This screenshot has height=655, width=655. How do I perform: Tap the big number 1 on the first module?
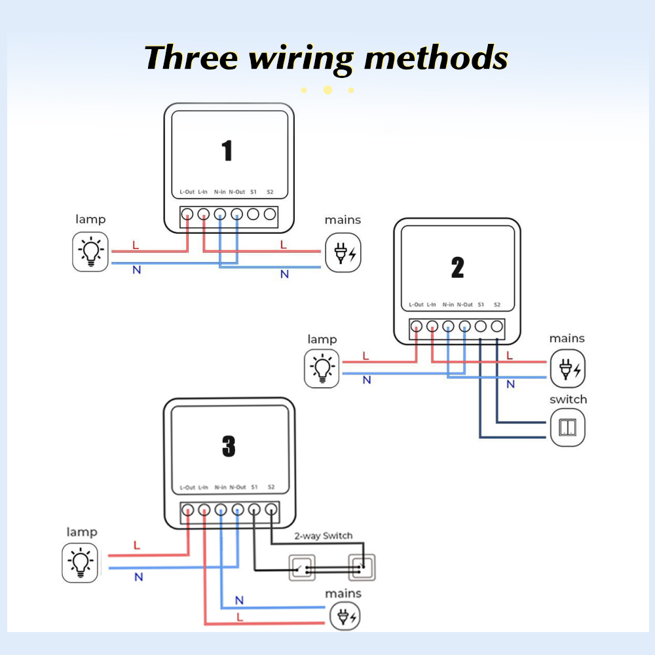pyautogui.click(x=227, y=151)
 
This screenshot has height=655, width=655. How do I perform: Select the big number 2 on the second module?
pyautogui.click(x=457, y=267)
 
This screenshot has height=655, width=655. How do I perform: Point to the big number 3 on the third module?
pyautogui.click(x=228, y=447)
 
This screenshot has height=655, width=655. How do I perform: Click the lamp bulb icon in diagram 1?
pyautogui.click(x=90, y=252)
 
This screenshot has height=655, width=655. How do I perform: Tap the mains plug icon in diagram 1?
pyautogui.click(x=343, y=253)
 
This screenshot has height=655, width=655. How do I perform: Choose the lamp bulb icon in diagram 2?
pyautogui.click(x=322, y=369)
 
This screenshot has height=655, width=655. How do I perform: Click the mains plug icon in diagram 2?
pyautogui.click(x=567, y=369)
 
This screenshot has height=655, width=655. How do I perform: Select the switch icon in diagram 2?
pyautogui.click(x=567, y=428)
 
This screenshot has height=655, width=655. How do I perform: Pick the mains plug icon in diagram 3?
pyautogui.click(x=345, y=616)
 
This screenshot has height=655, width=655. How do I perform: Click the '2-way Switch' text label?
pyautogui.click(x=323, y=536)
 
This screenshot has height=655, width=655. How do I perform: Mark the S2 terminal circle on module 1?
pyautogui.click(x=269, y=214)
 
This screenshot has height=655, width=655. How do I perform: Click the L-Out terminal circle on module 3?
pyautogui.click(x=187, y=509)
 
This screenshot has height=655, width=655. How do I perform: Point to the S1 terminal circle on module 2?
pyautogui.click(x=481, y=326)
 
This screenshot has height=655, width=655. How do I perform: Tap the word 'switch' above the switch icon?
pyautogui.click(x=568, y=400)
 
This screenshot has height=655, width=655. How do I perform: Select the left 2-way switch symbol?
pyautogui.click(x=302, y=567)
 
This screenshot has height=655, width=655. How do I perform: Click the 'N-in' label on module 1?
pyautogui.click(x=220, y=192)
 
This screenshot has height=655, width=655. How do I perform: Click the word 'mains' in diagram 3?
pyautogui.click(x=343, y=593)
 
